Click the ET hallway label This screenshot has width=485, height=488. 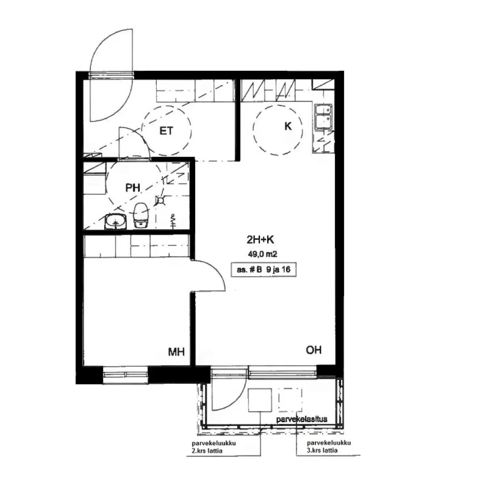(x=166, y=130)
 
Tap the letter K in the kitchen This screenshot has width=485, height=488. (x=288, y=126)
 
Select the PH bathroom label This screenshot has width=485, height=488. (x=133, y=188)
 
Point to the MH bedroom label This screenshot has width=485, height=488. (x=176, y=352)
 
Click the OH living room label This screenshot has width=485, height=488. (x=314, y=350)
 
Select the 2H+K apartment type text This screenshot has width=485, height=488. (x=260, y=240)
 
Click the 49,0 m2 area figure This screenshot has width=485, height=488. (x=263, y=254)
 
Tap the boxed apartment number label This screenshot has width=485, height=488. (x=264, y=270)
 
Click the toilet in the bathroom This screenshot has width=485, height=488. (x=141, y=215)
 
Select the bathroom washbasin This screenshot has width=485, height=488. (x=115, y=222)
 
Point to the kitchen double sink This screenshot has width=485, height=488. (x=324, y=117)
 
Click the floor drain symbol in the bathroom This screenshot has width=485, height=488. (x=160, y=201)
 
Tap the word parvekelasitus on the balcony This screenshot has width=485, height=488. (x=302, y=419)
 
